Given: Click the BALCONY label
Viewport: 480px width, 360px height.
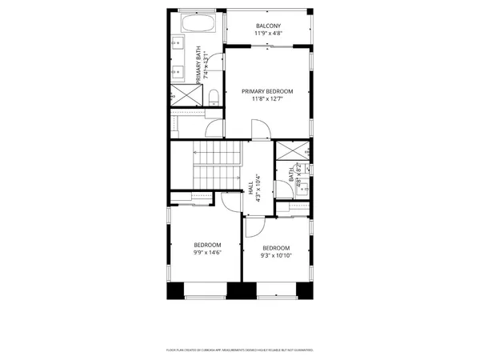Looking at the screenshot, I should pos(267,26).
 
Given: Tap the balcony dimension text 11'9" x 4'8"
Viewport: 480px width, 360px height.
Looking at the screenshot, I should pos(267,34).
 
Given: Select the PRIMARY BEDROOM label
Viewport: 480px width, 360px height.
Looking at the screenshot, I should pos(267,91).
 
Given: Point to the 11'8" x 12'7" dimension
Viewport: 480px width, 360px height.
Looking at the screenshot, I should pos(267,100).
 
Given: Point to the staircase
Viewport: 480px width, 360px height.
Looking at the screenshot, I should pos(216,164).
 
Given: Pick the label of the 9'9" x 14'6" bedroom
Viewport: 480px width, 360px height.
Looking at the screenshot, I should pos(206,245).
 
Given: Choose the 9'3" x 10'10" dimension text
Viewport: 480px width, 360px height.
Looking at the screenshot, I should pos(275,256).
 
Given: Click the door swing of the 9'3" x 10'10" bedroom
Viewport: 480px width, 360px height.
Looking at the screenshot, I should pos(253,227).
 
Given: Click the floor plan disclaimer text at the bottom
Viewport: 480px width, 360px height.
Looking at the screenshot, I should pos(239,350).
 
